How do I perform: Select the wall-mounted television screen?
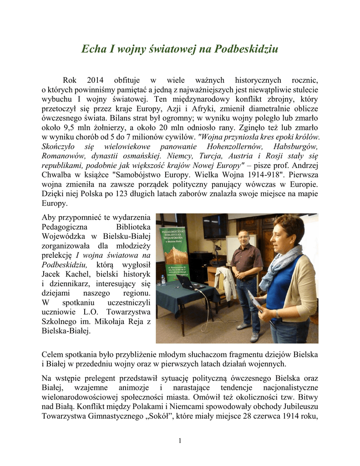point(216,226)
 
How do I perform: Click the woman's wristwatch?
point(277,314)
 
